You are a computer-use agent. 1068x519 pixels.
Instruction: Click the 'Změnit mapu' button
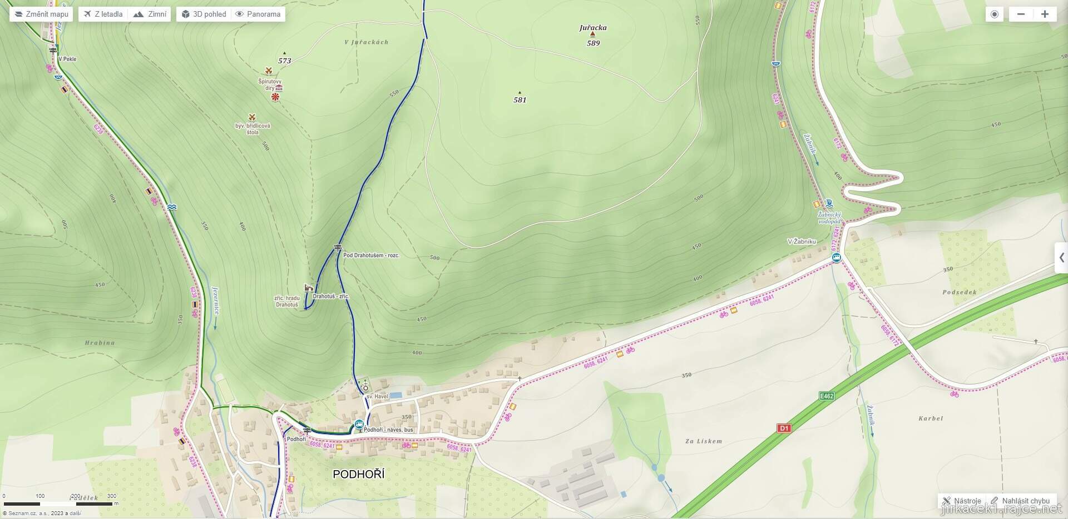tap(41, 14)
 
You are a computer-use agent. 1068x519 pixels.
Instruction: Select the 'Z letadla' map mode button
tap(103, 14)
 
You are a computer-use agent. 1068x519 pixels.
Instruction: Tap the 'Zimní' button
tap(150, 14)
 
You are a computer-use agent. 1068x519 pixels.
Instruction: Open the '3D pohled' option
tap(204, 14)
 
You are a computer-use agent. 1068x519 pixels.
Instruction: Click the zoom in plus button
tap(1045, 14)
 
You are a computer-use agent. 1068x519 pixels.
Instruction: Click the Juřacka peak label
tap(592, 27)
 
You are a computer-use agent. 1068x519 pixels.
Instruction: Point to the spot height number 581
tap(520, 100)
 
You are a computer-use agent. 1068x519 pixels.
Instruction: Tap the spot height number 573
tap(284, 61)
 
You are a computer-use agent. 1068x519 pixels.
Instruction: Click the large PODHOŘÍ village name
tap(358, 474)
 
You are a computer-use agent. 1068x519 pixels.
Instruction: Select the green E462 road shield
tap(827, 396)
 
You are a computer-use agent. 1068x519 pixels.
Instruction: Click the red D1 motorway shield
tap(784, 428)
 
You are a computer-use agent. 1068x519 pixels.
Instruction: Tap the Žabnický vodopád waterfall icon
tap(829, 203)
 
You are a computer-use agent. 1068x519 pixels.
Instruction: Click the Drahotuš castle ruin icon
tap(308, 287)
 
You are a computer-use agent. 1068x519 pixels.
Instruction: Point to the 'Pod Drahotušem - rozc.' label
tap(371, 256)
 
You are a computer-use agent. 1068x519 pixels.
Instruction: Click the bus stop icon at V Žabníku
tap(836, 257)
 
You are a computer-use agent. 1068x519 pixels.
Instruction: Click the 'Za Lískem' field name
tap(704, 441)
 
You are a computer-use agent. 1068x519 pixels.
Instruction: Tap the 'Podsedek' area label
tap(960, 292)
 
